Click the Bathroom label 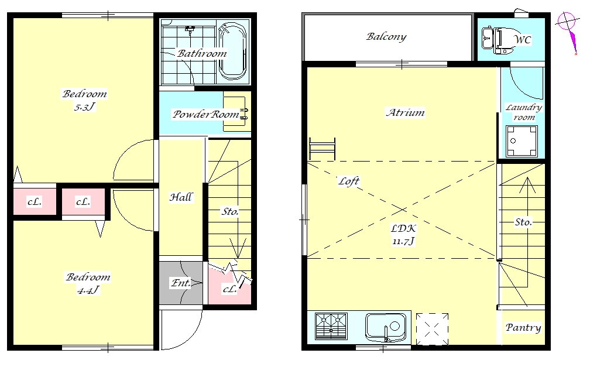click(x=202, y=53)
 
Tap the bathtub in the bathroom click(x=233, y=52)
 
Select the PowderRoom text click(x=206, y=114)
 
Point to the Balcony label click(x=386, y=36)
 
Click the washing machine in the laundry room click(x=522, y=141)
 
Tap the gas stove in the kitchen click(x=331, y=326)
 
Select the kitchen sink click(x=385, y=327)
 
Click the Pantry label click(x=523, y=328)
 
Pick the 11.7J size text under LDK click(x=403, y=241)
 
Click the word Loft click(x=349, y=181)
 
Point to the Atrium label click(x=405, y=112)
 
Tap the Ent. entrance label click(x=181, y=283)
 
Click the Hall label click(x=181, y=197)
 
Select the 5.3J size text click(x=85, y=107)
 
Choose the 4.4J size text click(x=88, y=290)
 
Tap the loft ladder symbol click(x=322, y=149)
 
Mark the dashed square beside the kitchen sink click(x=432, y=329)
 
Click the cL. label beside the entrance click(x=230, y=289)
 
